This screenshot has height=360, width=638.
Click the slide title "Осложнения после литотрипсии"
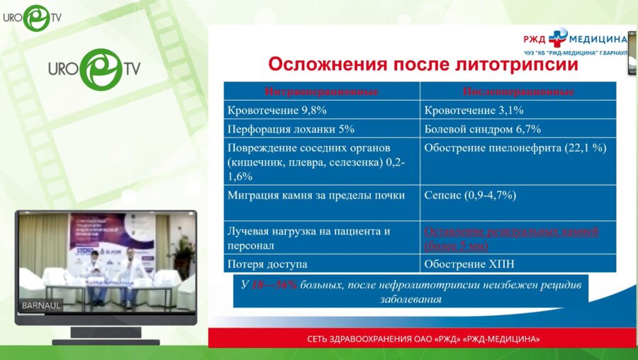point(422,65)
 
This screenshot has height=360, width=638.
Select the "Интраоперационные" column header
point(321,91)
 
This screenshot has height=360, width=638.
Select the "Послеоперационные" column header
point(517,91)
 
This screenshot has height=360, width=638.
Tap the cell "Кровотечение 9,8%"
point(276,111)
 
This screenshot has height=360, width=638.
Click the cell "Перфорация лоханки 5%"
point(290,129)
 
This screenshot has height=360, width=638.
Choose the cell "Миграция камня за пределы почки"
point(316,195)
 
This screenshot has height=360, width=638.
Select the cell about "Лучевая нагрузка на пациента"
point(308,238)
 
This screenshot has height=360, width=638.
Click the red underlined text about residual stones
point(511,238)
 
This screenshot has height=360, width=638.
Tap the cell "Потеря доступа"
point(267,264)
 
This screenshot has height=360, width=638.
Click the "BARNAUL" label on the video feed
point(42,305)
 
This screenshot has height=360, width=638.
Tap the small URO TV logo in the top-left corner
point(31,17)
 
